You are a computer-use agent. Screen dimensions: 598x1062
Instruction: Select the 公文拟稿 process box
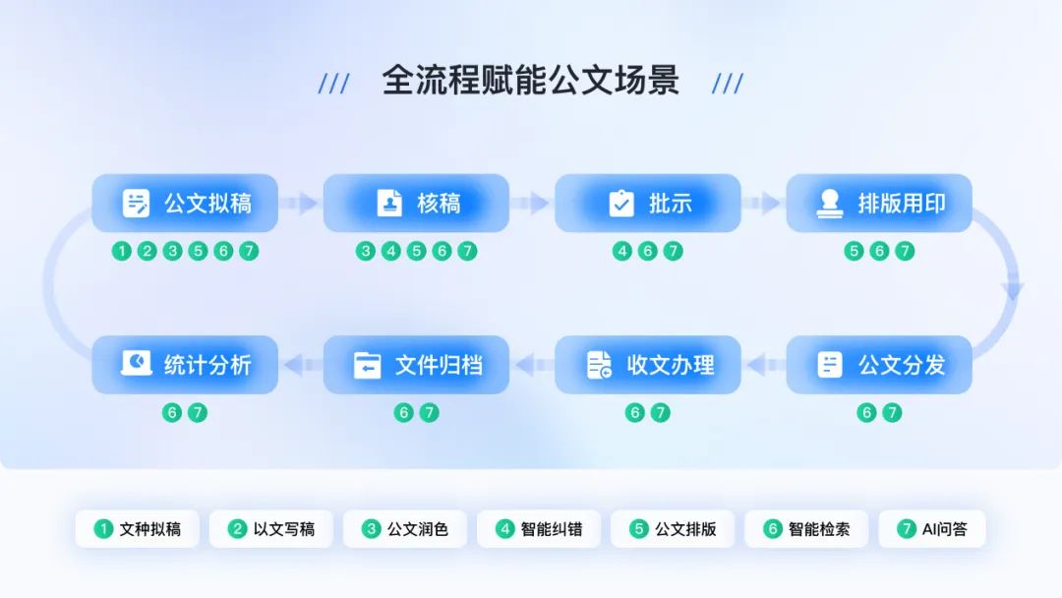[x=185, y=204]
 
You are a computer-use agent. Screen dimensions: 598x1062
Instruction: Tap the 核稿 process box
[x=416, y=204]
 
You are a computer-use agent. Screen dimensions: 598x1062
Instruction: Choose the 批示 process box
[x=647, y=204]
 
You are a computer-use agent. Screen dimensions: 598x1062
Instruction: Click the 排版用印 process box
[x=879, y=204]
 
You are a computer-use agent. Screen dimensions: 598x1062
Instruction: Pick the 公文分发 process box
[x=879, y=365]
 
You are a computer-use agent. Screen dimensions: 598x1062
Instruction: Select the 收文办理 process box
[x=647, y=365]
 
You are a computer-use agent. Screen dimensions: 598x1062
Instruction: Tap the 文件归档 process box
[x=416, y=365]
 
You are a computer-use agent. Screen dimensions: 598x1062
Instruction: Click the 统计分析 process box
[x=185, y=365]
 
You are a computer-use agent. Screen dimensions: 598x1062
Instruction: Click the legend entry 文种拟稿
[x=138, y=529]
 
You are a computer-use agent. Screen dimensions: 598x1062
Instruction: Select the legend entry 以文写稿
[x=271, y=529]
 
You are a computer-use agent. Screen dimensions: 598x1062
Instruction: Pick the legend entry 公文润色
[x=405, y=529]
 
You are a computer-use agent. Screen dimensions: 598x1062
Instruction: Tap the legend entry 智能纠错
[x=539, y=529]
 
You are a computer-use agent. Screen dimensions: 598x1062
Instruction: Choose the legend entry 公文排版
[x=673, y=529]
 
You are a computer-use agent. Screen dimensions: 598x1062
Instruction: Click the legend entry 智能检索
[x=806, y=529]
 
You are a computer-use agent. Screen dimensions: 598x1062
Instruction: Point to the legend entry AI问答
[x=932, y=529]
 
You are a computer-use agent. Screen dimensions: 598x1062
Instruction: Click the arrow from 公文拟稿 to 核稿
[x=301, y=204]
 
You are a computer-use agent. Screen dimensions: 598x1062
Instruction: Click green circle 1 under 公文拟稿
[x=121, y=251]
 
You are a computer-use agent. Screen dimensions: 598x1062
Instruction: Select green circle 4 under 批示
[x=621, y=251]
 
